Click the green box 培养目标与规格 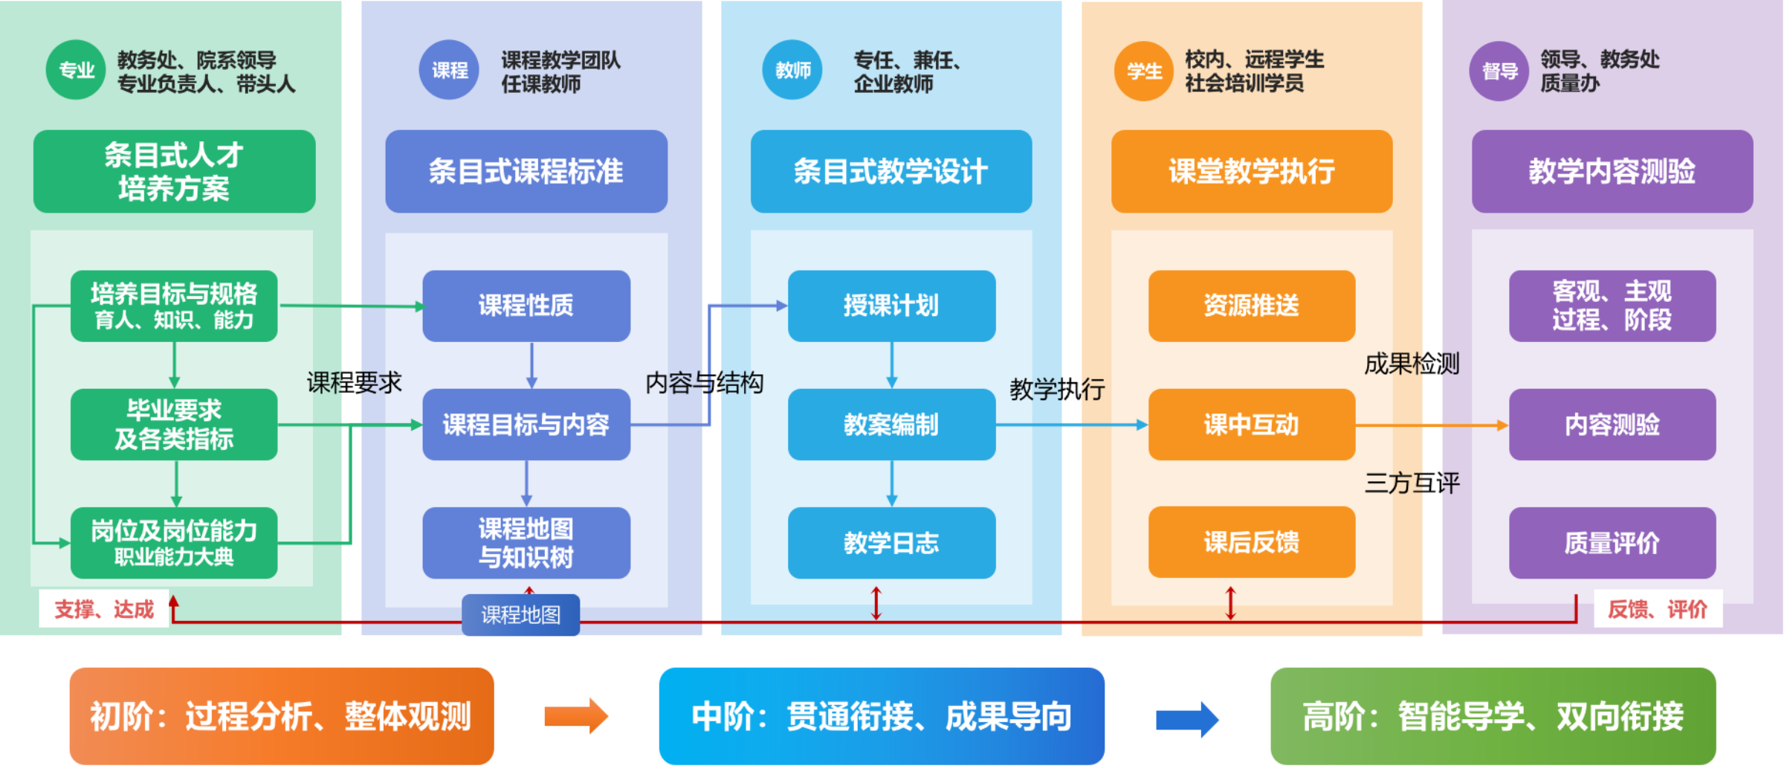[174, 306]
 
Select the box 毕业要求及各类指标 [174, 425]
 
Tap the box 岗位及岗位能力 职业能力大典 [174, 543]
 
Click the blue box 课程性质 [526, 306]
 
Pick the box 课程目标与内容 [526, 425]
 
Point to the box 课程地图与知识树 [526, 543]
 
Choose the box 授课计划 [891, 306]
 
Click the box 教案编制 [891, 425]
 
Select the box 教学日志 [891, 543]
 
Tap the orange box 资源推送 [1252, 306]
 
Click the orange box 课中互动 [1252, 425]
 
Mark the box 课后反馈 [1252, 542]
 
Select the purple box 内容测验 [1612, 425]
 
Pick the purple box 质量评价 [1612, 543]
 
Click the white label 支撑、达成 [104, 609]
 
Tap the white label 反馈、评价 [1658, 609]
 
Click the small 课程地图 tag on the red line [520, 615]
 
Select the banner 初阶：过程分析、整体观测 [281, 716]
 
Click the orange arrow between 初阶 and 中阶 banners [576, 716]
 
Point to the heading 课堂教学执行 [1252, 172]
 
